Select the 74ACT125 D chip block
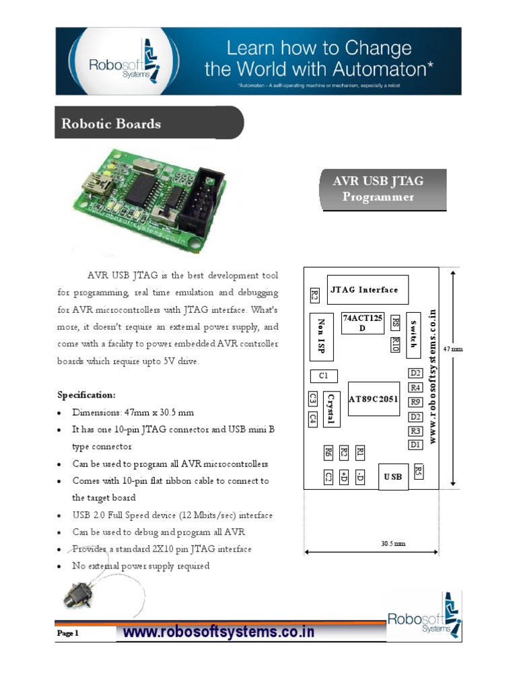coord(362,322)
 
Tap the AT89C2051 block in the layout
coord(374,399)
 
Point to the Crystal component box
coord(331,408)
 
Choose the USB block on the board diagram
coord(393,476)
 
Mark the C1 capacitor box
coord(323,375)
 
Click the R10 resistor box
coord(395,344)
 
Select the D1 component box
coord(415,445)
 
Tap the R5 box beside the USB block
coord(419,471)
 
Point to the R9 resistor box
coord(415,402)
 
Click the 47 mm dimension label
coord(454,349)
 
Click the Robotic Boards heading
coord(112,124)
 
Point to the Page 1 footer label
coord(68,633)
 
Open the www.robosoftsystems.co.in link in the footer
coord(219,632)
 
